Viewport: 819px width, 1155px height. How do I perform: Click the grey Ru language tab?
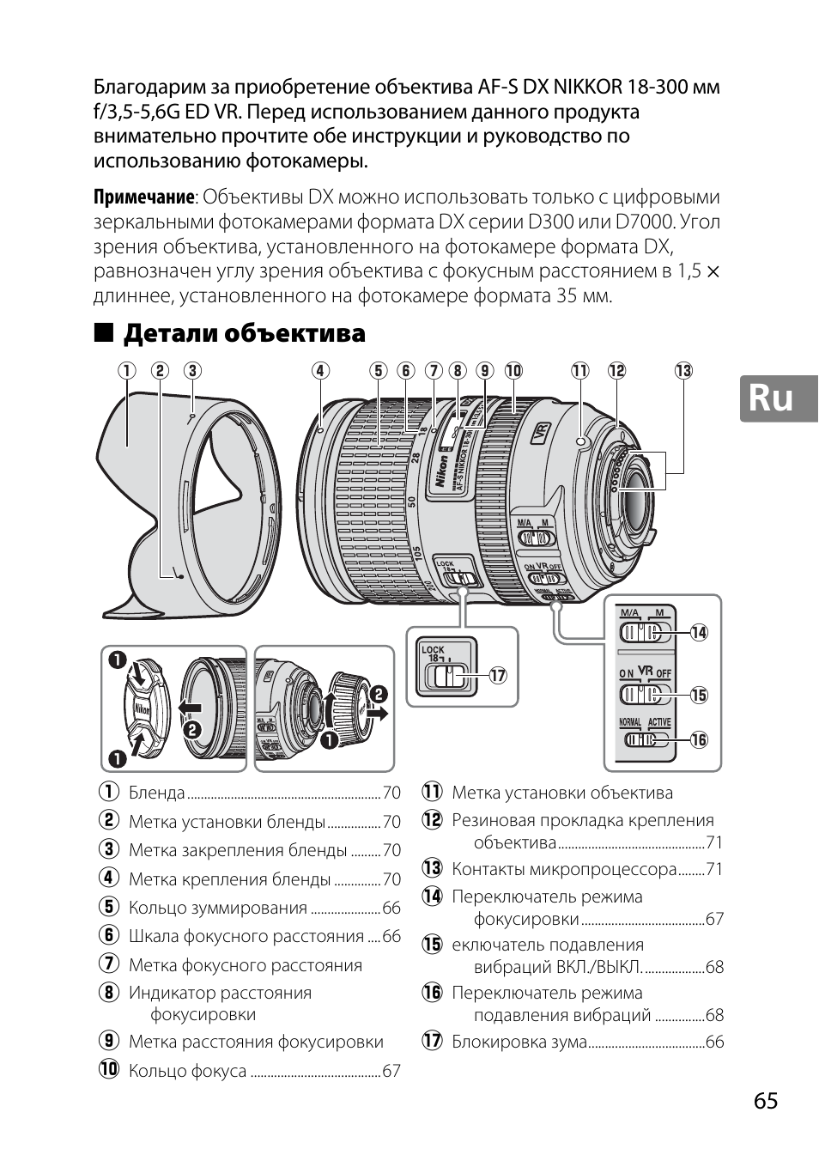[x=779, y=398]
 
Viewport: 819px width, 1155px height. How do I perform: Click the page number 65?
[x=767, y=1101]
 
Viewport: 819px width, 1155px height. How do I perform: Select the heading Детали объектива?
[x=245, y=333]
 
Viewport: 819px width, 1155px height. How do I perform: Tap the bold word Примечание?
[x=143, y=198]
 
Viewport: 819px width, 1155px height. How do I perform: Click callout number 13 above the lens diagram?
[x=683, y=371]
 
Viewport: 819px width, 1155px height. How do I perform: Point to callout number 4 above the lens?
[x=320, y=371]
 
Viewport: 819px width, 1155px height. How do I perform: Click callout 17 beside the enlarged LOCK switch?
[x=497, y=676]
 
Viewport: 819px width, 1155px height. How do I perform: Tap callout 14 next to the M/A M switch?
[x=700, y=633]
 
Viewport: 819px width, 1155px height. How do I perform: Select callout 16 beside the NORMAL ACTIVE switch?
[x=700, y=740]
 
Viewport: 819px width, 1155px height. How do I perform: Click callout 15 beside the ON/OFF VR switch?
[x=700, y=695]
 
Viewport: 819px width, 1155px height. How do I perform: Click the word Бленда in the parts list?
[x=156, y=793]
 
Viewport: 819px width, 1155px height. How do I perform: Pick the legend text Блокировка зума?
[x=519, y=1042]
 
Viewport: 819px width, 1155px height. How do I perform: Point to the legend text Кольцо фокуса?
[x=187, y=1071]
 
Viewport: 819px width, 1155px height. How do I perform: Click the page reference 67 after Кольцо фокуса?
[x=391, y=1071]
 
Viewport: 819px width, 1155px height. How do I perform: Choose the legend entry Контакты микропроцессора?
[x=564, y=869]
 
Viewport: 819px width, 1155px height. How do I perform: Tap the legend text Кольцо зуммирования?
[x=217, y=908]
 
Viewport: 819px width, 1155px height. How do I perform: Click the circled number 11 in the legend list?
[x=431, y=793]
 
